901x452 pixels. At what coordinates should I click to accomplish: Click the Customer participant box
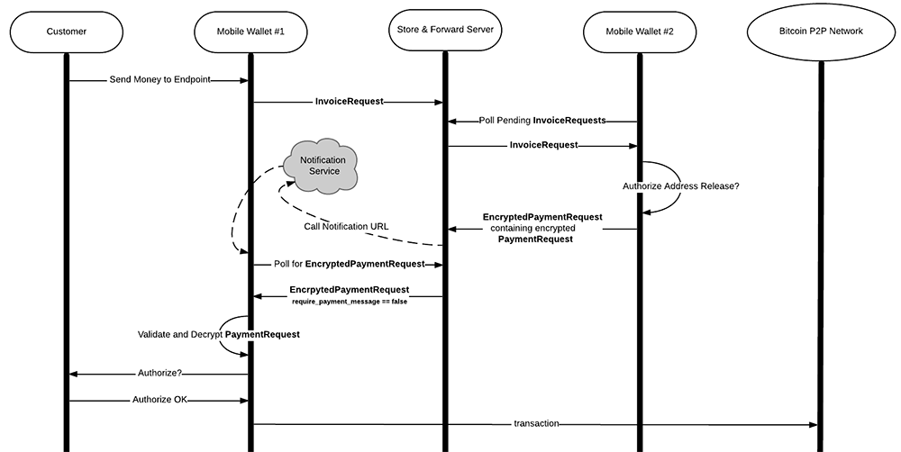click(x=67, y=32)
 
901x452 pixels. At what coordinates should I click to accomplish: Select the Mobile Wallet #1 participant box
click(x=250, y=32)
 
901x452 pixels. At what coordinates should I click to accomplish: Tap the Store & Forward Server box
click(x=444, y=32)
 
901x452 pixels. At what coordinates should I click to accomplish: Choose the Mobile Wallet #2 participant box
click(x=639, y=32)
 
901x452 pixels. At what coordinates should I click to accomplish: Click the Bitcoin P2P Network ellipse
click(x=820, y=32)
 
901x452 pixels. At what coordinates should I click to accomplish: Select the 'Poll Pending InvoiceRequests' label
click(x=542, y=120)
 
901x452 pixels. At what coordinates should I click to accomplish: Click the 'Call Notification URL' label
click(x=347, y=226)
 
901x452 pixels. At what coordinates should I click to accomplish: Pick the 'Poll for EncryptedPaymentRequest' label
click(x=349, y=265)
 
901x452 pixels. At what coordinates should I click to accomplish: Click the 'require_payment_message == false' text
click(x=349, y=301)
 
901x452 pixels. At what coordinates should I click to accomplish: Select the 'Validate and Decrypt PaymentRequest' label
click(x=218, y=334)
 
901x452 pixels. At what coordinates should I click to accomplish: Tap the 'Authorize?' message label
click(x=159, y=372)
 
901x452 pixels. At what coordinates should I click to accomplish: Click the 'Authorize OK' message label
click(x=159, y=399)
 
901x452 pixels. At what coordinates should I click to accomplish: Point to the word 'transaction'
click(x=536, y=423)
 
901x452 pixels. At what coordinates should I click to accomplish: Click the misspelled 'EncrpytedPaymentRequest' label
click(x=349, y=290)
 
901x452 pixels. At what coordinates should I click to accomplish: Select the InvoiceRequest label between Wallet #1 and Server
click(x=349, y=101)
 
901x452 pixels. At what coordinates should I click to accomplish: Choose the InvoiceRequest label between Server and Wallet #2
click(x=543, y=144)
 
